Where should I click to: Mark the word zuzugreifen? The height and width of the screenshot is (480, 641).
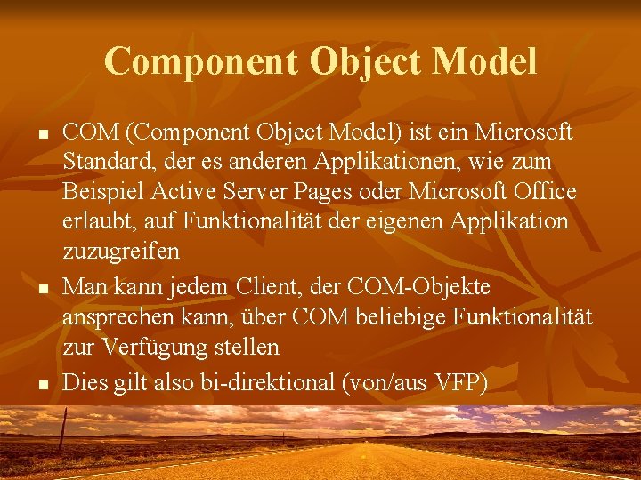click(x=121, y=252)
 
